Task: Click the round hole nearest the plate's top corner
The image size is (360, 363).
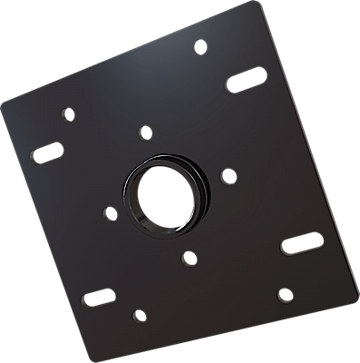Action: pos(200,45)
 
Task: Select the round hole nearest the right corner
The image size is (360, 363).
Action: pos(285,294)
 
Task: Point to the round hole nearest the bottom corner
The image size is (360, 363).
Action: pos(139,316)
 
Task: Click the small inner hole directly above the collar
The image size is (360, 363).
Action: pos(144,132)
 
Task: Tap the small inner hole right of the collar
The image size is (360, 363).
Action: pos(229,174)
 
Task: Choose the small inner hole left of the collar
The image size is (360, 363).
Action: pos(111,214)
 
